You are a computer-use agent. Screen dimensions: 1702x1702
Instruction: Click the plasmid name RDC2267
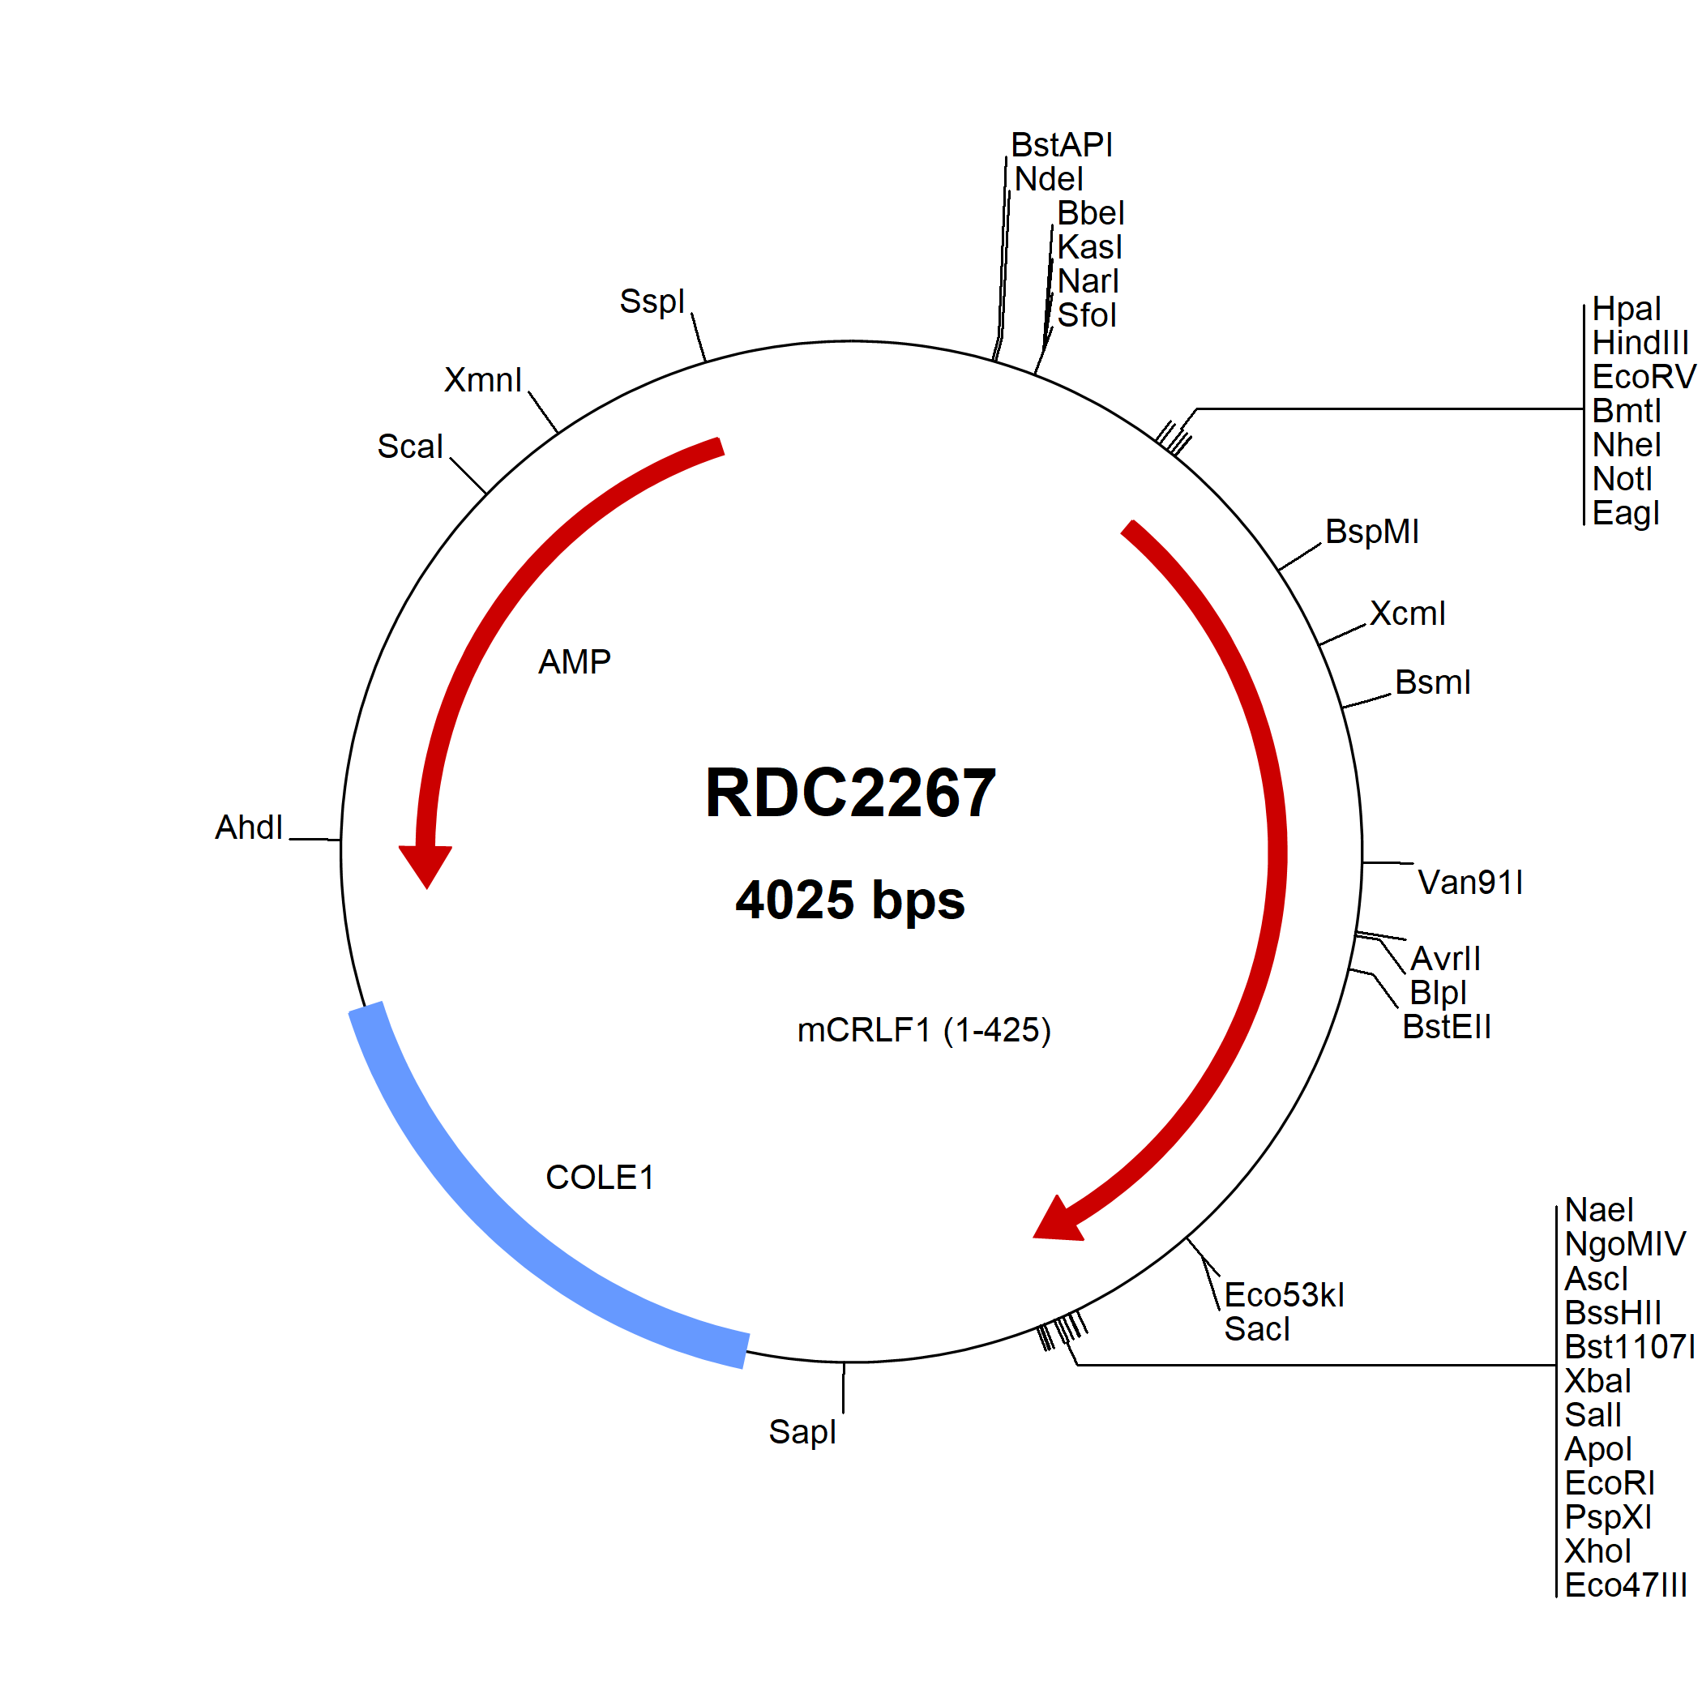tap(850, 792)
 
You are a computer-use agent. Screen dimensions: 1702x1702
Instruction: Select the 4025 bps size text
tap(850, 900)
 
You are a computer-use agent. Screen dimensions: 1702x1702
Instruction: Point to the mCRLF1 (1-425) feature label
tap(924, 1030)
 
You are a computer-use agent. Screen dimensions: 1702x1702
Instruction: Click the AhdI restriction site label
tap(249, 827)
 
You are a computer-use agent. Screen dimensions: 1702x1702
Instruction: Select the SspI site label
tap(652, 301)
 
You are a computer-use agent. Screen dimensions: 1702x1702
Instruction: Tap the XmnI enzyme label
tap(483, 379)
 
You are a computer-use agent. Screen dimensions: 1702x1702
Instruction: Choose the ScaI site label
tap(409, 447)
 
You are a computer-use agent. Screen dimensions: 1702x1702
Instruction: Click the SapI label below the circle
tap(802, 1432)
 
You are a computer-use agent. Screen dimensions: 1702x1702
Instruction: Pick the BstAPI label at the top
tap(1062, 144)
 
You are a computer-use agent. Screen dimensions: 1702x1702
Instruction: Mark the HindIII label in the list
tap(1640, 343)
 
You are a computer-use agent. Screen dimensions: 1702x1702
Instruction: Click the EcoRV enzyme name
tap(1644, 377)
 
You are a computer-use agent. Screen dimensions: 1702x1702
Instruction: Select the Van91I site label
tap(1470, 882)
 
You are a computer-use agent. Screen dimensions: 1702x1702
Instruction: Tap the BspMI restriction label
tap(1372, 531)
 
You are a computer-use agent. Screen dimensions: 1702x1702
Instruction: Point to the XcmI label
tap(1408, 614)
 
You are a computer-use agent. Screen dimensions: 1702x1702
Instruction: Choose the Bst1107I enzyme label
tap(1629, 1347)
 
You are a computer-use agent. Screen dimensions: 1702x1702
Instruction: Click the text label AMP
tap(575, 661)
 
